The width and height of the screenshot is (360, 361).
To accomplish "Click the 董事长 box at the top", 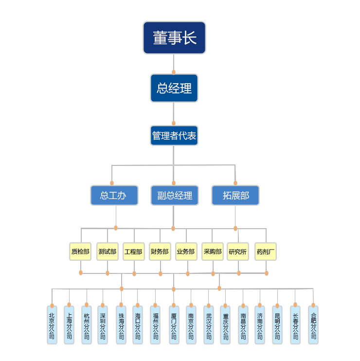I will click(x=174, y=37).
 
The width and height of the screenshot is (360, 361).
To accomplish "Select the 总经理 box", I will click(x=174, y=88).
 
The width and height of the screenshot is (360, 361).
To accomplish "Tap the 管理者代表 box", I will click(x=174, y=136).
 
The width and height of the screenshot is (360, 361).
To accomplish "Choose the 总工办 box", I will click(x=114, y=195).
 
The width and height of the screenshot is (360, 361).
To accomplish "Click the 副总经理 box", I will click(x=174, y=195).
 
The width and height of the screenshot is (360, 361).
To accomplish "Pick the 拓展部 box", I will click(x=235, y=195).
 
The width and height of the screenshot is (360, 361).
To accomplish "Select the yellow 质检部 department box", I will click(x=80, y=252).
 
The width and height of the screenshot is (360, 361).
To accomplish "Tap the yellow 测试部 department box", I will click(x=107, y=252).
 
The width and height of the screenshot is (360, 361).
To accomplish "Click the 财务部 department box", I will click(x=160, y=252).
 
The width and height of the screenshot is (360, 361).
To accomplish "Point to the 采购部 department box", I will click(x=212, y=252).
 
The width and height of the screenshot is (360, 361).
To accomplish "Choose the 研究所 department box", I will click(x=238, y=252).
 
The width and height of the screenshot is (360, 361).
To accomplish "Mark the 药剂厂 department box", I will click(x=266, y=252).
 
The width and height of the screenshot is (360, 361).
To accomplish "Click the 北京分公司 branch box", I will click(x=52, y=325).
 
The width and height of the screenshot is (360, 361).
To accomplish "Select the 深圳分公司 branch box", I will click(x=102, y=325).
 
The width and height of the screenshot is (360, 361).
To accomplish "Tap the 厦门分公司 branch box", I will click(x=174, y=325).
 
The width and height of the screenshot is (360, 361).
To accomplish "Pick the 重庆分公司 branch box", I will click(x=225, y=325).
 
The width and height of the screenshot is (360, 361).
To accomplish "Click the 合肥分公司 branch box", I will click(x=313, y=325).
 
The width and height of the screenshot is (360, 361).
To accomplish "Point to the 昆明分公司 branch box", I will click(x=277, y=325).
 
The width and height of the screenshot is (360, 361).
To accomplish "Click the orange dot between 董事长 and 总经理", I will click(x=174, y=72).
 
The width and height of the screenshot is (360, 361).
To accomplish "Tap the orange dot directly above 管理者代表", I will click(x=174, y=124).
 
